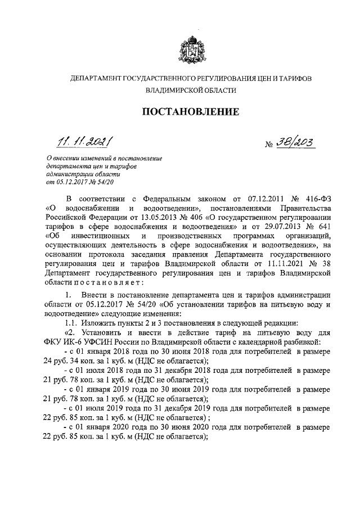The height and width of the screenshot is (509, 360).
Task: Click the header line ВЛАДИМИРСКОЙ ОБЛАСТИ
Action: (x=190, y=90)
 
